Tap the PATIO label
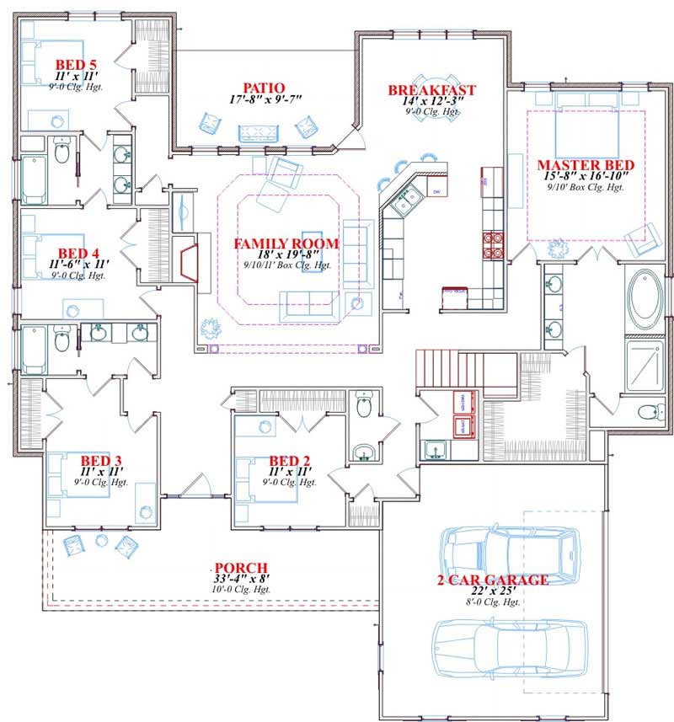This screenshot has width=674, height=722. [263, 88]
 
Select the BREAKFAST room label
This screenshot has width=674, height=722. [431, 90]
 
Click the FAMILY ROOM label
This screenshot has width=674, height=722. [286, 243]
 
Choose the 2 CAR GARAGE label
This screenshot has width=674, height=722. [493, 580]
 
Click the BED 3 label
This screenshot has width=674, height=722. [100, 461]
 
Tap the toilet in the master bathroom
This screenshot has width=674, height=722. [649, 412]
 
